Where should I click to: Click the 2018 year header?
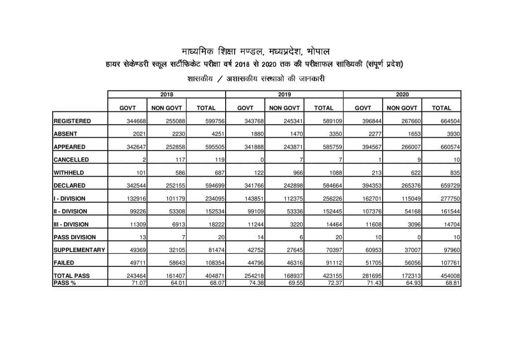pyautogui.click(x=167, y=94)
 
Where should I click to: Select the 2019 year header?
pyautogui.click(x=284, y=94)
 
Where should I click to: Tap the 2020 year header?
pyautogui.click(x=402, y=94)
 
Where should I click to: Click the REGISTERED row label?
pyautogui.click(x=73, y=121)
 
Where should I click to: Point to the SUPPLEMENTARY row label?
pyautogui.click(x=80, y=250)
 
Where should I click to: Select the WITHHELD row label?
pyautogui.click(x=69, y=173)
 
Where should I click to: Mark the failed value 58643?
pyautogui.click(x=174, y=263)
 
